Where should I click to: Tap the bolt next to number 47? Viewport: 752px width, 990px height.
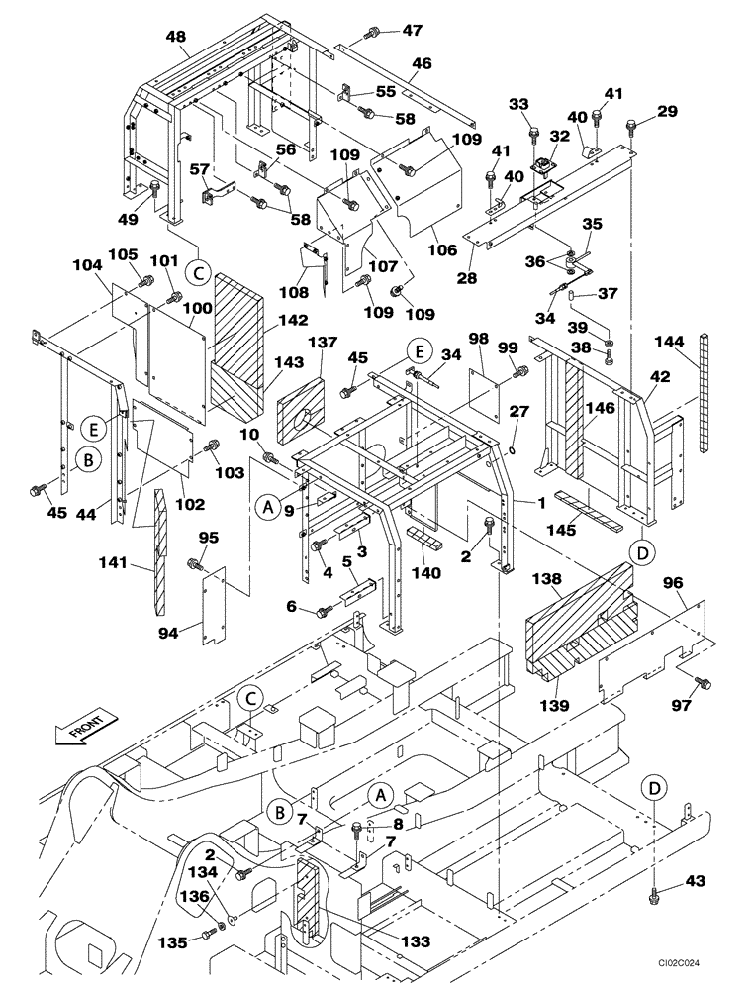click(372, 34)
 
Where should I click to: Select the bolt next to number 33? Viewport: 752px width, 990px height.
click(534, 132)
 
